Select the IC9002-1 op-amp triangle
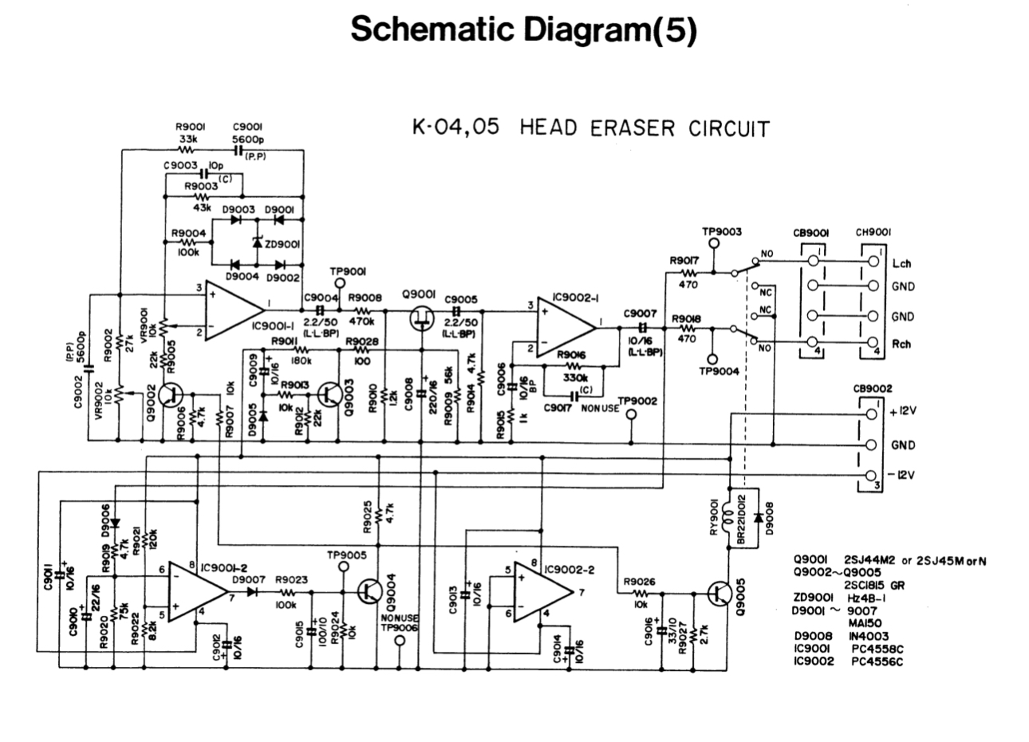(x=565, y=326)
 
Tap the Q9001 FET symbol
(x=421, y=318)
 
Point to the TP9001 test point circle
(x=341, y=283)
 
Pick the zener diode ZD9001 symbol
(x=256, y=243)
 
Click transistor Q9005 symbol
(x=720, y=594)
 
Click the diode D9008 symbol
(x=756, y=517)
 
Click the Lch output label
(x=902, y=263)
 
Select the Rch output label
(x=902, y=345)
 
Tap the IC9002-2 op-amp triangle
(x=542, y=592)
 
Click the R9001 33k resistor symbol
(x=187, y=148)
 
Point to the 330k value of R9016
(x=576, y=377)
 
